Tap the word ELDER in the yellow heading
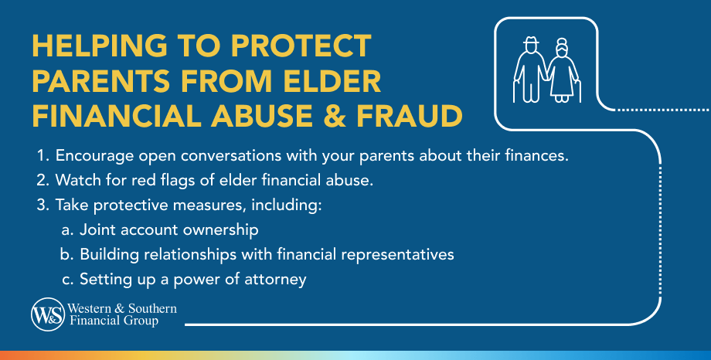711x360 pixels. point(332,81)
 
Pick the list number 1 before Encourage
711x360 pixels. point(40,155)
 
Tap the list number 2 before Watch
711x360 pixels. point(41,180)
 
